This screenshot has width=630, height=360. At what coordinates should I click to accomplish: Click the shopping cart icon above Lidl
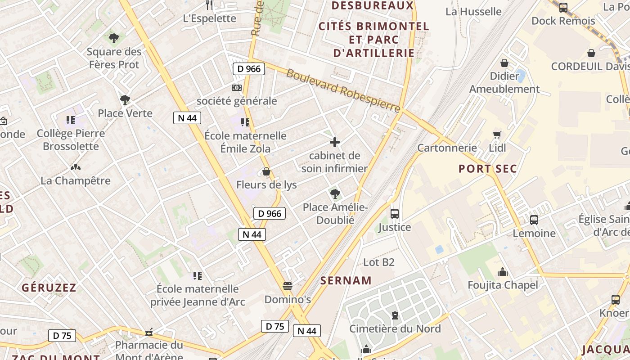coord(497,135)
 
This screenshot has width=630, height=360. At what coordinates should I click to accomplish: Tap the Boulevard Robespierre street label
coord(343,91)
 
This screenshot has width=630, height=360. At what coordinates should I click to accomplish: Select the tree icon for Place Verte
coord(125,100)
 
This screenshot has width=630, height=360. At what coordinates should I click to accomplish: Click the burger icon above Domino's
coord(287,286)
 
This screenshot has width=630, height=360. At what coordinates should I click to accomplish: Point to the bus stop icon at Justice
coord(395,214)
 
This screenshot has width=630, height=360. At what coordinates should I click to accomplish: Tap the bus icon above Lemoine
coord(534,220)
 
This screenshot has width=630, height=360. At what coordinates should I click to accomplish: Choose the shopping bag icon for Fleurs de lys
coord(266,171)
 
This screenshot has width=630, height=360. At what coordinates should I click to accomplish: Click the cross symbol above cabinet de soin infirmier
coord(334,142)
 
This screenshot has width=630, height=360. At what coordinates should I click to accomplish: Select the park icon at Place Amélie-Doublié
coord(335,194)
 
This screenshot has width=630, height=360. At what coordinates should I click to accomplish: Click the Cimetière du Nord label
coord(395,328)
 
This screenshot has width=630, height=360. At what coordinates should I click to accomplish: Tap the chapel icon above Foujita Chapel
coord(503,272)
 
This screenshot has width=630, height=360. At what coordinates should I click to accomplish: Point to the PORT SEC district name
coord(488,169)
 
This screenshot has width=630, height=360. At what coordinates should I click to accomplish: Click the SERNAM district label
coord(346,280)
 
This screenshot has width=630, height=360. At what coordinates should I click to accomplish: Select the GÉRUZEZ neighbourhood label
coord(49,287)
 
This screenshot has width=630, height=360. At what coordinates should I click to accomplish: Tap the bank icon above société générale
coord(236,87)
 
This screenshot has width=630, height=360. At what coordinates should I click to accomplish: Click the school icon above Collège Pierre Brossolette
coord(70,120)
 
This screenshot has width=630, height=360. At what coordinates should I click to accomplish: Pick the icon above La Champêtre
coord(75,167)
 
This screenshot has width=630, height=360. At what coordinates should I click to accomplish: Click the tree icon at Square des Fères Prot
coord(114,38)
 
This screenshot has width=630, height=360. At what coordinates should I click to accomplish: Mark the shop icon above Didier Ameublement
coord(504,63)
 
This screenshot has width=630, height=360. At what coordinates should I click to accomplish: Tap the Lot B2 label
coord(378,262)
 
